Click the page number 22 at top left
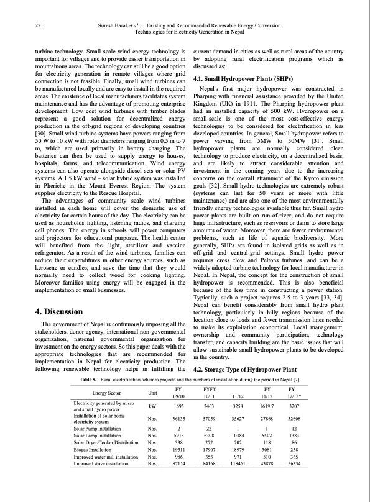tap(38, 25)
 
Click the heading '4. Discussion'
tap(58, 312)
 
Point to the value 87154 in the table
tap(179, 463)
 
